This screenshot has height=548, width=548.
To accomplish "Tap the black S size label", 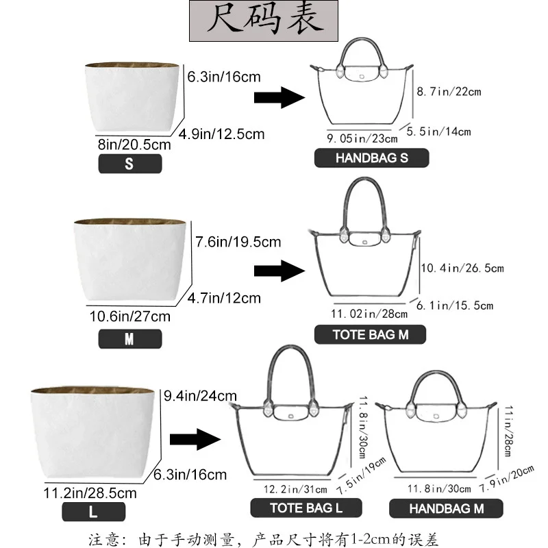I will pyautogui.click(x=130, y=163).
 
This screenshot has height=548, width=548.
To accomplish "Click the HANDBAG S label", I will pyautogui.click(x=371, y=158).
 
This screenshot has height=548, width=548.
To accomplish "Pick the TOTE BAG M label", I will pyautogui.click(x=370, y=334).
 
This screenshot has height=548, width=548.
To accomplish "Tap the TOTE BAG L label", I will pyautogui.click(x=306, y=508).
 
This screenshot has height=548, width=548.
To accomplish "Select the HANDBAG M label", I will pyautogui.click(x=446, y=508).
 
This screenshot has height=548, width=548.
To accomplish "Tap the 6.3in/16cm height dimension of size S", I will pyautogui.click(x=224, y=77).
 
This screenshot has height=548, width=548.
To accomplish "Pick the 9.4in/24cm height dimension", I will pyautogui.click(x=200, y=395).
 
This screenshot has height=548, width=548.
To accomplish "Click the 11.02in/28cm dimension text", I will pyautogui.click(x=370, y=313).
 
